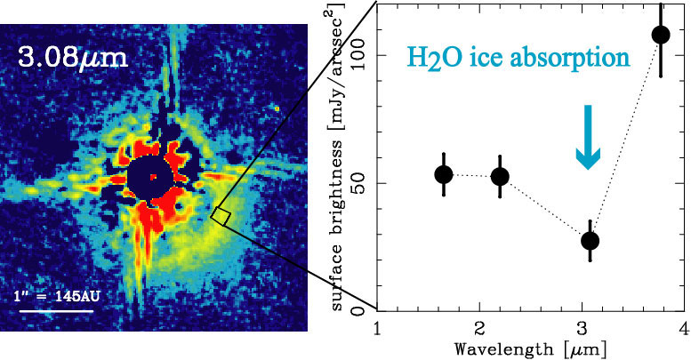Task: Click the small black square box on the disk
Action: (x=221, y=216)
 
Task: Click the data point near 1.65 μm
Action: (x=443, y=174)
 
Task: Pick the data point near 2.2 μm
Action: (x=500, y=176)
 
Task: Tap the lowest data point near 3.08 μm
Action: (x=590, y=240)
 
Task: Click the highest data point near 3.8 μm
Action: (x=661, y=35)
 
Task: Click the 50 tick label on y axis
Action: (x=359, y=183)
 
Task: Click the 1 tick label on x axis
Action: (x=378, y=329)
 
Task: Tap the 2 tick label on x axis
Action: (x=480, y=329)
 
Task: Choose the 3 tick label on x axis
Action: (x=582, y=329)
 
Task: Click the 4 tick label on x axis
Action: (x=683, y=329)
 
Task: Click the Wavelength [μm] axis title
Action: (x=530, y=348)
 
